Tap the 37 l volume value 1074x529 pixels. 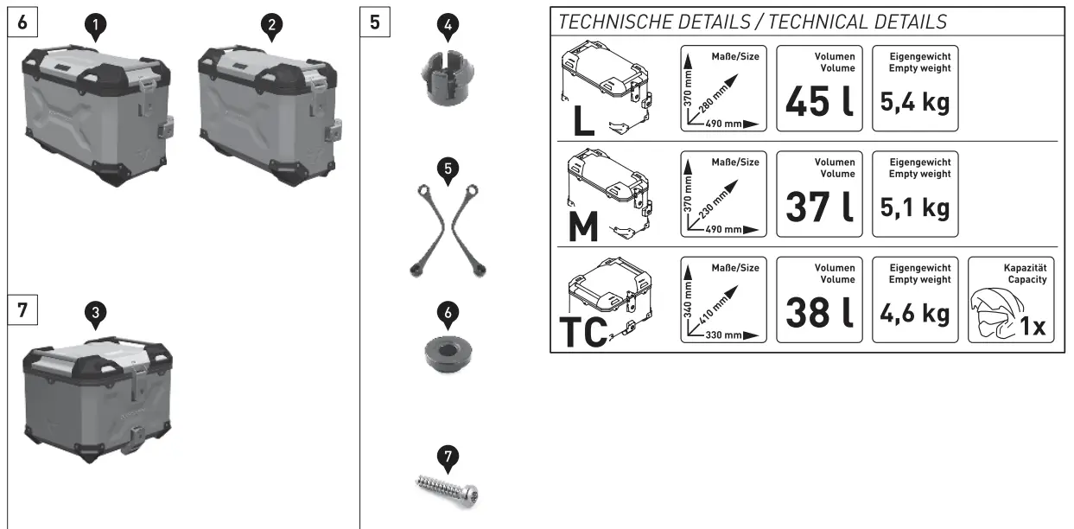(818, 207)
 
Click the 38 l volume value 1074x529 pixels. (818, 313)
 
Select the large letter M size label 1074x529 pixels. (585, 227)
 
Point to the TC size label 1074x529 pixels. (583, 333)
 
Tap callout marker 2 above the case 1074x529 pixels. (272, 28)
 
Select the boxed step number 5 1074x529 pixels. (374, 22)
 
